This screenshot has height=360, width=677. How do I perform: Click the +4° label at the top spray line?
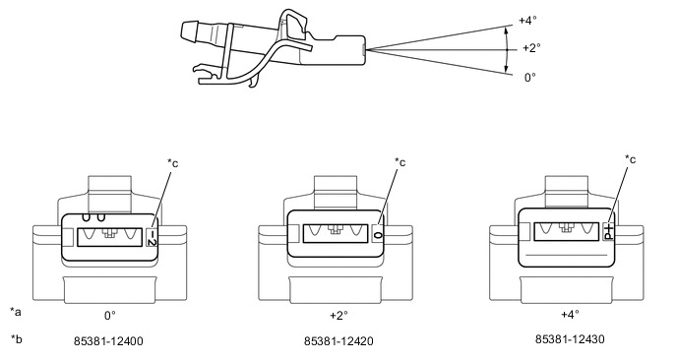(x=527, y=21)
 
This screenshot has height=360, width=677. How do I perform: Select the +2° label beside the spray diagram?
(x=531, y=48)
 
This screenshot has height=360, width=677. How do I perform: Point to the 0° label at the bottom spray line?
(x=529, y=78)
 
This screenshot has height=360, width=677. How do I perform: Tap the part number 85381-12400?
(x=108, y=341)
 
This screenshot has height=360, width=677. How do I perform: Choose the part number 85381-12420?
(x=338, y=341)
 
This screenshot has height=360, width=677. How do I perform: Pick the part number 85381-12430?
(x=570, y=338)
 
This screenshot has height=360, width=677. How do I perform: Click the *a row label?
(x=16, y=312)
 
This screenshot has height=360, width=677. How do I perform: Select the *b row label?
(x=16, y=338)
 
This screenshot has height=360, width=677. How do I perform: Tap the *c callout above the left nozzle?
(x=173, y=163)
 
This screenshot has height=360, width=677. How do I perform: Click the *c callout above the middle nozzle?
(x=400, y=162)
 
